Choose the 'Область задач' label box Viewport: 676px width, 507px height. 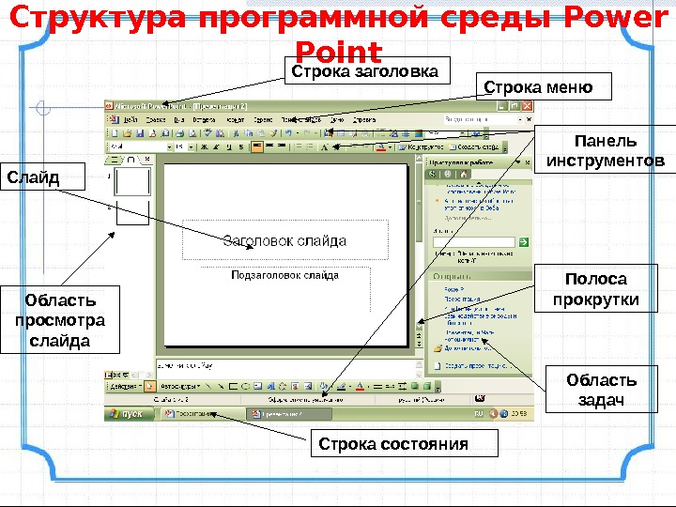click(601, 391)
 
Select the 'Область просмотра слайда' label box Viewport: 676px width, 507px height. click(60, 319)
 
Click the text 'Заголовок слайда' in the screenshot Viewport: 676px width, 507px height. click(284, 240)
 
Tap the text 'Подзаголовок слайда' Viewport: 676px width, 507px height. click(284, 276)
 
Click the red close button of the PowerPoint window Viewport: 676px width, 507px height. click(529, 105)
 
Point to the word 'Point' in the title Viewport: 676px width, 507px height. click(338, 52)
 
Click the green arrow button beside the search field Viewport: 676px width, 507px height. click(523, 241)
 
